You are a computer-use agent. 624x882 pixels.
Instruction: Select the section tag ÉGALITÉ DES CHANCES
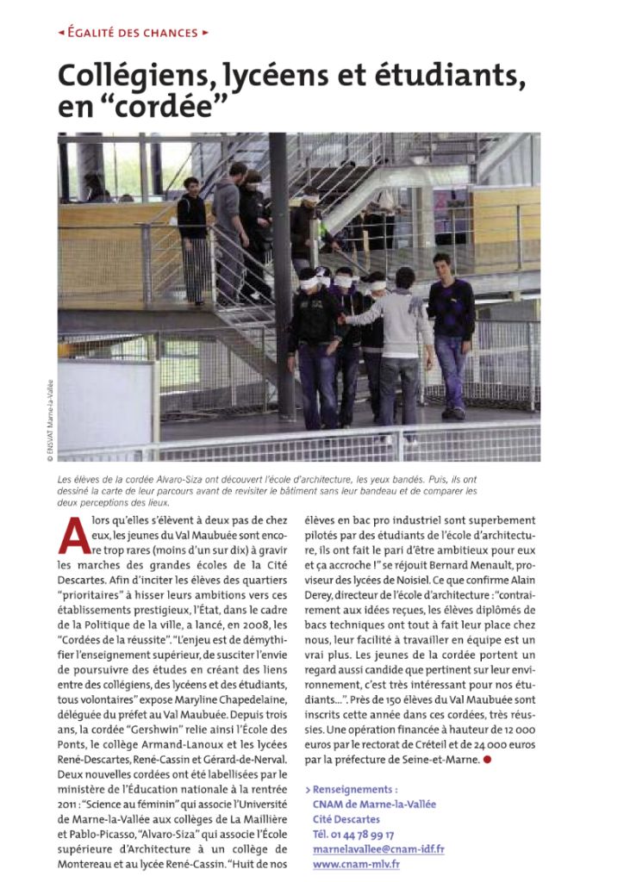click(x=133, y=34)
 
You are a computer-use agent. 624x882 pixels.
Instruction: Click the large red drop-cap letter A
click(x=73, y=535)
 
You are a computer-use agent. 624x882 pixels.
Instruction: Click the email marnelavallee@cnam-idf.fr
click(x=378, y=849)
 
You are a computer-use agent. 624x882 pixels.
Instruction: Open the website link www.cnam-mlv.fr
click(x=356, y=864)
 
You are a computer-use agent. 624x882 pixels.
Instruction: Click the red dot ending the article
click(x=487, y=760)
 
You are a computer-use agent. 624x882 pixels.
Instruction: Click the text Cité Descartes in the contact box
click(x=346, y=819)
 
